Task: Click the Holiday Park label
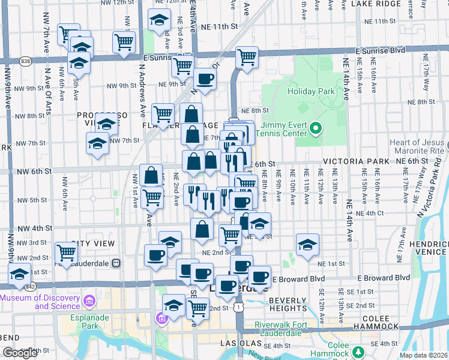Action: (310, 92)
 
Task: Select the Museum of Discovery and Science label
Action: (41, 302)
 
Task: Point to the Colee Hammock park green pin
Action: (359, 352)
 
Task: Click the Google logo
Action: (20, 353)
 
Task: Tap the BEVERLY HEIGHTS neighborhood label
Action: (288, 304)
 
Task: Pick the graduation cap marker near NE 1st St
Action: (307, 244)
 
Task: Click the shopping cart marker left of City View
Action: (66, 252)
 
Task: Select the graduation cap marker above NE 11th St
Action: (159, 20)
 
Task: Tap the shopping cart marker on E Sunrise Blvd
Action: (247, 57)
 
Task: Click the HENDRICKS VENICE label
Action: (430, 251)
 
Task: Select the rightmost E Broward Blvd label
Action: (384, 278)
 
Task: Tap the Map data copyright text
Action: (423, 355)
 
